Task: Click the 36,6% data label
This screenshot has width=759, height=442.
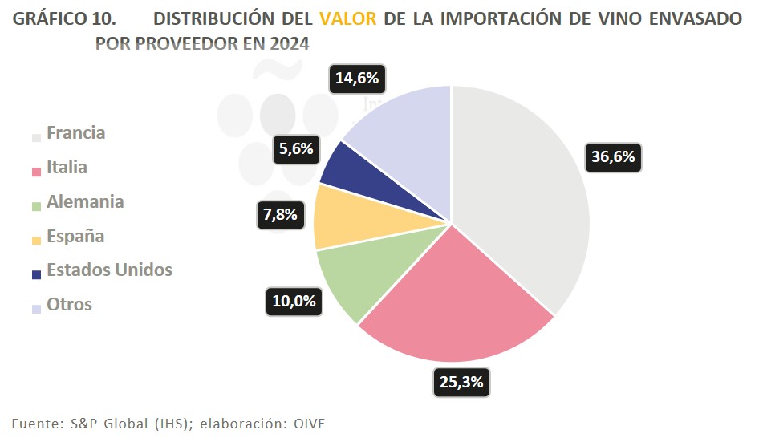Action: pos(613,157)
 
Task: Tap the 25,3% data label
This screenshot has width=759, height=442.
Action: pos(461,382)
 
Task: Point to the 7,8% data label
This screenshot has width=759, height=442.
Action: pos(282,214)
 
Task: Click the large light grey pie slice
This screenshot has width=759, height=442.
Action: pos(522,201)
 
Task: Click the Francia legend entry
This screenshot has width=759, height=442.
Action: pos(75,133)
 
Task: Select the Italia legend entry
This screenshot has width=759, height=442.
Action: pos(67,168)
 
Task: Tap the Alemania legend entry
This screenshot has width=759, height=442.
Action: pos(85,201)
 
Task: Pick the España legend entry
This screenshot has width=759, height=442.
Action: pos(75,236)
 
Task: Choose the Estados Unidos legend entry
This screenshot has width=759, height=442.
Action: pos(109,270)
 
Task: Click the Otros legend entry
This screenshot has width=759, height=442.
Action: pos(69,305)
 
